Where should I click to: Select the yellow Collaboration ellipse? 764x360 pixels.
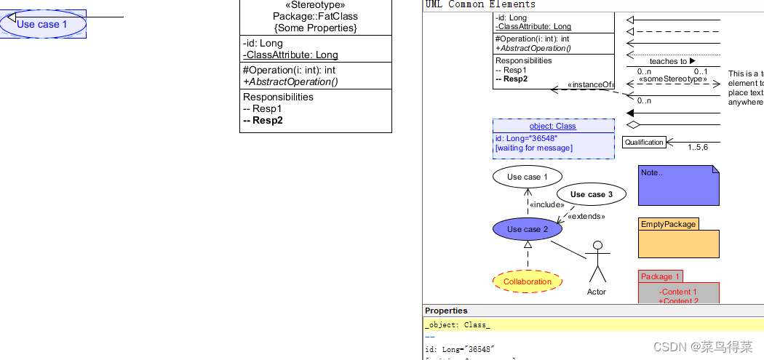[x=528, y=281]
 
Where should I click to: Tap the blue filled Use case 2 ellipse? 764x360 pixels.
[x=528, y=229]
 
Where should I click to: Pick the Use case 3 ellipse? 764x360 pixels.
[x=591, y=194]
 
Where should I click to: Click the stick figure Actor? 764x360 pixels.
[x=597, y=262]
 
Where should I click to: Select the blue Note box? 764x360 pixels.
[x=678, y=185]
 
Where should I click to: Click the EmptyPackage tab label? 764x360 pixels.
[x=668, y=224]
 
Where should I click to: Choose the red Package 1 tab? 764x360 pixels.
[x=660, y=276]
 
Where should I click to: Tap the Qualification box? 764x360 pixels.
[x=644, y=143]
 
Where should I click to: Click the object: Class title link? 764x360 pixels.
[x=552, y=126]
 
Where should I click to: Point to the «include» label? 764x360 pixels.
[x=546, y=204]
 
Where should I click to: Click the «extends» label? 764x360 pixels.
[x=586, y=216]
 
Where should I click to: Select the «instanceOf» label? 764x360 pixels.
[x=590, y=85]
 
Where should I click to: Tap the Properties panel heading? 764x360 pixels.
[x=446, y=311]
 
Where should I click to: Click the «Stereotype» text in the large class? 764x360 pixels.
[x=315, y=4]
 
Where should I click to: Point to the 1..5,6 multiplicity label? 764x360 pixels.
[x=697, y=147]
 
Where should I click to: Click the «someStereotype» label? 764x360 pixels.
[x=673, y=79]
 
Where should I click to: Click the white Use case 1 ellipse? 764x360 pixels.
[x=528, y=177]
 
